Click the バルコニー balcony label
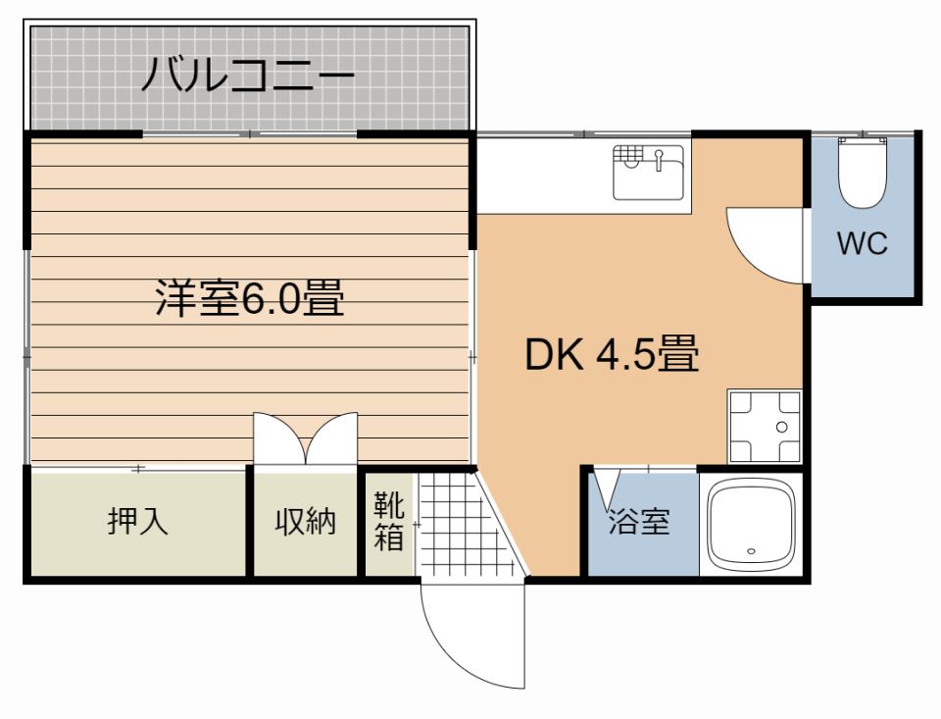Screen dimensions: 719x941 click(247, 76)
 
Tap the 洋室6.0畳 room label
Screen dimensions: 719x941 click(251, 297)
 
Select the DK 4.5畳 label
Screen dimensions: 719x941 click(612, 354)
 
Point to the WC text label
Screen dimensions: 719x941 click(862, 243)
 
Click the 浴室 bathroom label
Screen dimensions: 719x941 click(639, 523)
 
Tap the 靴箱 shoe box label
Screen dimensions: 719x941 click(388, 522)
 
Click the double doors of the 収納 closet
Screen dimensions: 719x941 click(305, 438)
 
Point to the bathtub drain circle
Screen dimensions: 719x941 click(753, 551)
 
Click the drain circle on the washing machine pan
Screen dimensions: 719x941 click(781, 428)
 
